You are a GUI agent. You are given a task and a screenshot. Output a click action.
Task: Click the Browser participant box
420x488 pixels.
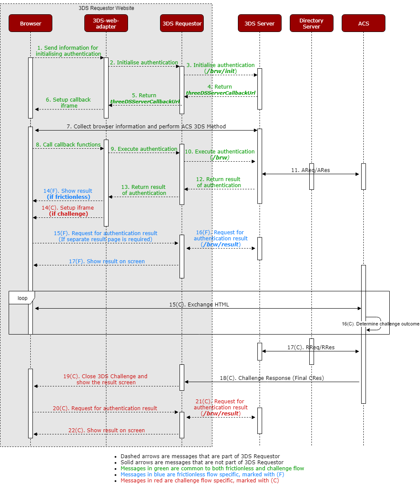[x=30, y=23]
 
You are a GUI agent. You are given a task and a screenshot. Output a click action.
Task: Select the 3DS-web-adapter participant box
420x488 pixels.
[x=106, y=23]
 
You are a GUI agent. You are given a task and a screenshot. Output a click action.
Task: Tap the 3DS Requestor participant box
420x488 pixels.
[x=182, y=23]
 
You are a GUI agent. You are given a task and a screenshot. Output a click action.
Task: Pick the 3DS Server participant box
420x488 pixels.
[x=260, y=23]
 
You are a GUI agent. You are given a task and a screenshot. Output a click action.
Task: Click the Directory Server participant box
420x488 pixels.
[x=311, y=23]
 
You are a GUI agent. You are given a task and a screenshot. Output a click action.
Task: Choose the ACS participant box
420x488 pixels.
[x=363, y=23]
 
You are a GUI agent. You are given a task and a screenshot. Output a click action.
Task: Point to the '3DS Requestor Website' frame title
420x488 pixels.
[x=106, y=8]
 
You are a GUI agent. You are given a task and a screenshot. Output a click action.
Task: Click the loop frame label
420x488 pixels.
[x=22, y=298]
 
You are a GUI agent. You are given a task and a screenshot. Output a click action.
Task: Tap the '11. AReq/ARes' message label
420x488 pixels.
[x=310, y=170]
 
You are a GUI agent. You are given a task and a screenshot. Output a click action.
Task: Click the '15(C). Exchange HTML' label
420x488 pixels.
[x=199, y=305]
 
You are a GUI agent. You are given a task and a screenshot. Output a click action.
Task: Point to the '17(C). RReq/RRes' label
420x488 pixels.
[x=311, y=347]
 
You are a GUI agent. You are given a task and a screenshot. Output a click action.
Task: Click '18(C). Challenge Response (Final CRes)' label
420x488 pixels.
[x=272, y=378]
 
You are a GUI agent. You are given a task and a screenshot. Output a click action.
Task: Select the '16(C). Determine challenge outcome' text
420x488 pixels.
[x=380, y=324]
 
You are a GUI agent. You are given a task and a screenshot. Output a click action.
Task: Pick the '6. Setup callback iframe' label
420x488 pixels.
[x=68, y=103]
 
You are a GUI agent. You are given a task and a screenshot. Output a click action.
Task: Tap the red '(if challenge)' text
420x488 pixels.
[x=68, y=214]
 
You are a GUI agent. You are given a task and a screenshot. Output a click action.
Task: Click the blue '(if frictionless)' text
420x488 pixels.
[x=68, y=197]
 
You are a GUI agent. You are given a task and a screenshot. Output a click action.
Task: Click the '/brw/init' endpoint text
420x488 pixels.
[x=221, y=71]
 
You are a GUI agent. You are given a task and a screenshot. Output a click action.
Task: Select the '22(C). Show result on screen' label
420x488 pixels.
[x=106, y=430]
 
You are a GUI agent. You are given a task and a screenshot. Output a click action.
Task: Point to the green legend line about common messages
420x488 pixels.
[x=212, y=468]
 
